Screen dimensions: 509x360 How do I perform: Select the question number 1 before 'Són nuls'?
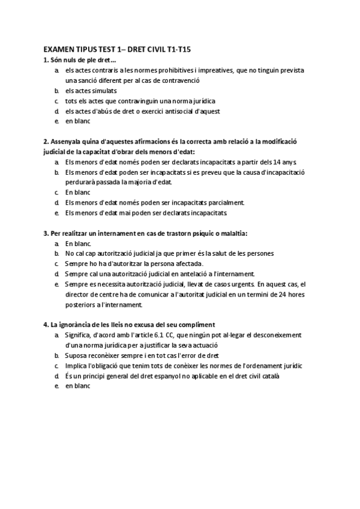pyautogui.click(x=46, y=60)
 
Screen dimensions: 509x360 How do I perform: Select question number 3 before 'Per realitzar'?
pyautogui.click(x=46, y=233)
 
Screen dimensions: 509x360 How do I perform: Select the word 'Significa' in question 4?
pyautogui.click(x=80, y=335)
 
